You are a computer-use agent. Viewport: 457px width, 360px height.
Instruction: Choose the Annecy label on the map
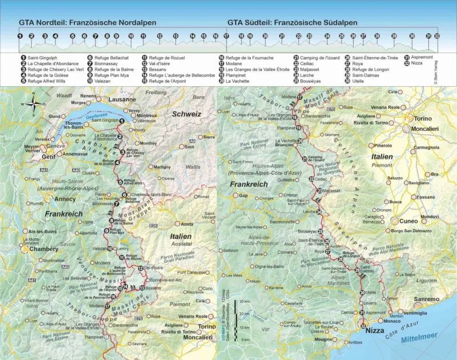61,199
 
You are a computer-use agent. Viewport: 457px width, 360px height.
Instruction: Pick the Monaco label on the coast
391,321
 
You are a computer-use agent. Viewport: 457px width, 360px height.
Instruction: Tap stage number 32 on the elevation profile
436,36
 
